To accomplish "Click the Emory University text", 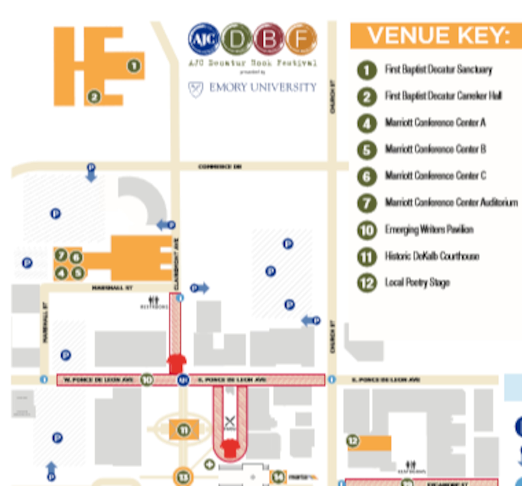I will coord(263,87).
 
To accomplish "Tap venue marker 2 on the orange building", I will coord(94,97).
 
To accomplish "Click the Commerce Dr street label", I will coord(220,167).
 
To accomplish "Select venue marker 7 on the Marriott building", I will coord(61,255).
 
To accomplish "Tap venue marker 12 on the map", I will coord(353,441).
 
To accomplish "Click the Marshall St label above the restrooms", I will coord(112,288).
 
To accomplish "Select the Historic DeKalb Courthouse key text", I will coord(432,256).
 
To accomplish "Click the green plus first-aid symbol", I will coord(209,465).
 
